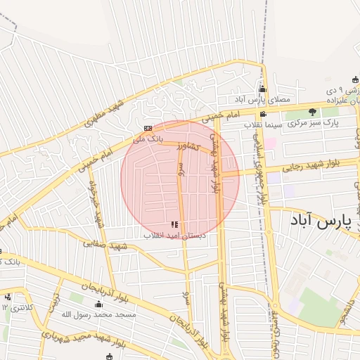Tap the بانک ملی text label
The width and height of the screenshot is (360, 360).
[x=149, y=139]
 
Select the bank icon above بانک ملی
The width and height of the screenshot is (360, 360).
[x=148, y=128]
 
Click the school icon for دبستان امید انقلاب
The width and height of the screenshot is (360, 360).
[x=174, y=224]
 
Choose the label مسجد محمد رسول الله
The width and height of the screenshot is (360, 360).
[x=98, y=314]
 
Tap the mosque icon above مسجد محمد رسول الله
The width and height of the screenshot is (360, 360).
[x=98, y=304]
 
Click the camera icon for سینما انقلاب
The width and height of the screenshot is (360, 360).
[x=263, y=115]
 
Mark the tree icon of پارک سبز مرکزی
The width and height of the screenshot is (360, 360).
[x=312, y=112]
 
